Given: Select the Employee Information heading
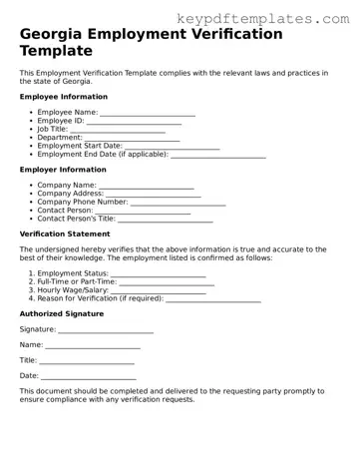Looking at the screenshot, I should pyautogui.click(x=64, y=97).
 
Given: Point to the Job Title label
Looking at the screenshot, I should pyautogui.click(x=51, y=130).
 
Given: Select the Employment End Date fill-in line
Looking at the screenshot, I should pyautogui.click(x=218, y=155).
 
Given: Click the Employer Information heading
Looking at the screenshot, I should pyautogui.click(x=64, y=170).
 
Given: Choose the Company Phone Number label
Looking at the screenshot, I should pyautogui.click(x=82, y=203).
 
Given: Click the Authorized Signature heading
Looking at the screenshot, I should pyautogui.click(x=62, y=313).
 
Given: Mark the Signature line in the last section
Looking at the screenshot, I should pyautogui.click(x=106, y=329).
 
